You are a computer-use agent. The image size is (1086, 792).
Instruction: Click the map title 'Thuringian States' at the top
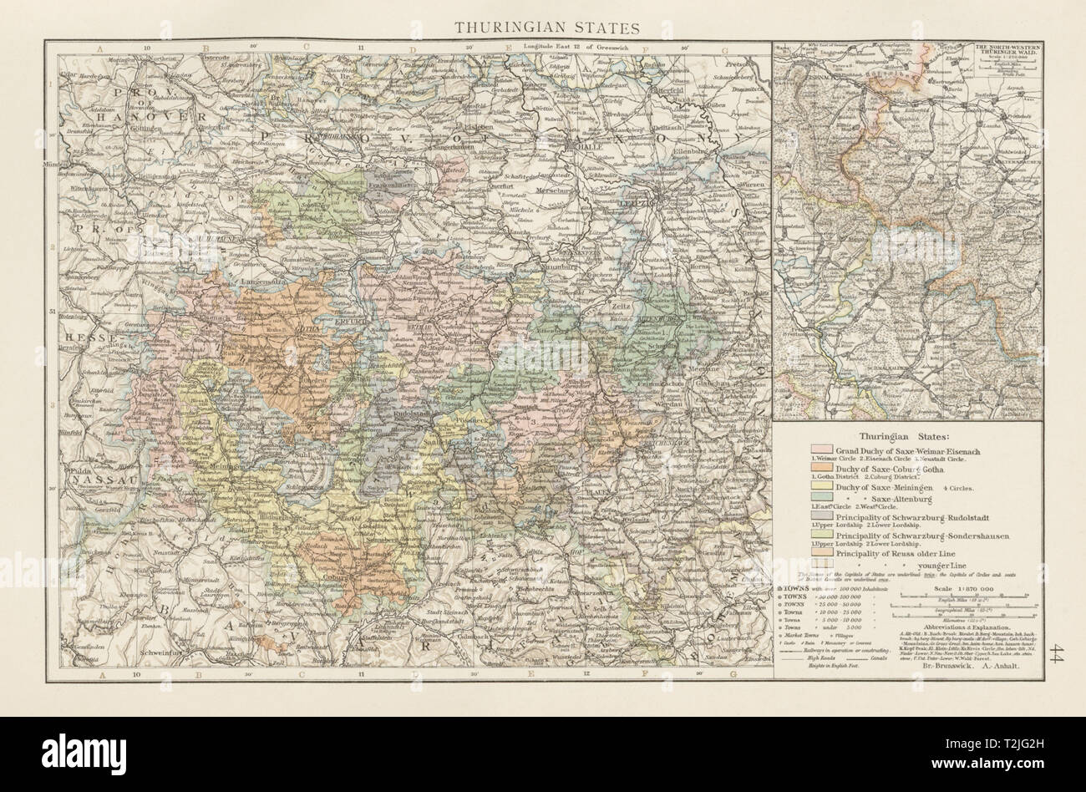coord(547,27)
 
